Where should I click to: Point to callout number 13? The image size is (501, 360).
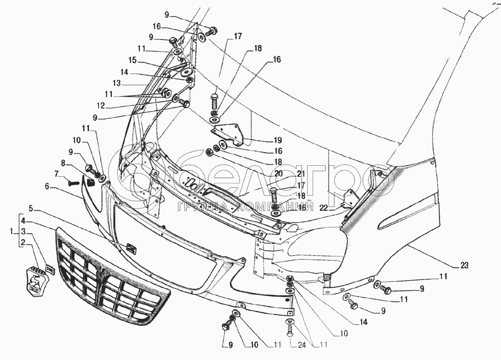[117, 84]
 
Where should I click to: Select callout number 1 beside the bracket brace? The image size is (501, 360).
[12, 232]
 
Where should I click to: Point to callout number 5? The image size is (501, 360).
[31, 209]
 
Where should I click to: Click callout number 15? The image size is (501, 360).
[132, 60]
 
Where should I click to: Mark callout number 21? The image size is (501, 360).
[301, 174]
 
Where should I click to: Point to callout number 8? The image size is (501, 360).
[63, 164]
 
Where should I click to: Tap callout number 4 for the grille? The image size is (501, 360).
[24, 220]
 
